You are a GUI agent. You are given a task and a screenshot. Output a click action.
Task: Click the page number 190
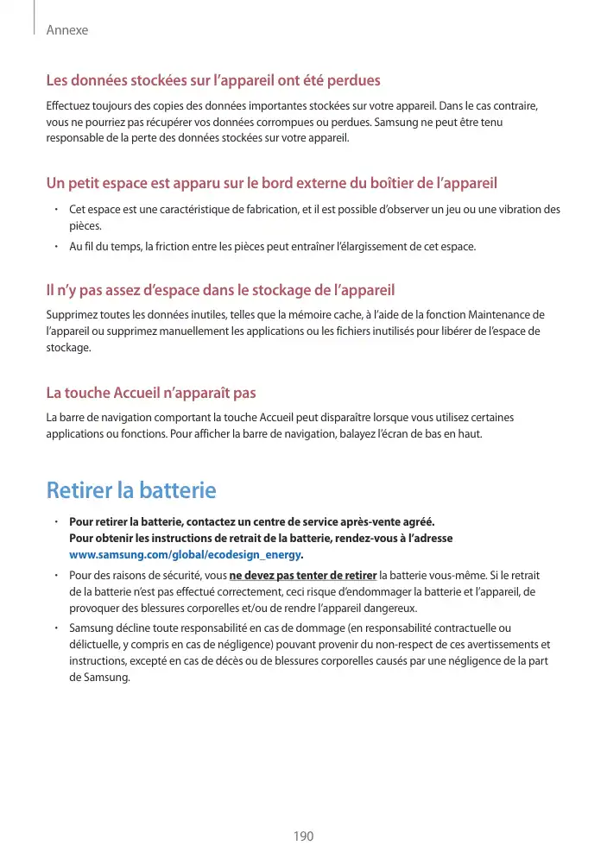[303, 836]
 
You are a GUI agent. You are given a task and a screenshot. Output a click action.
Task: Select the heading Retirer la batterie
[130, 490]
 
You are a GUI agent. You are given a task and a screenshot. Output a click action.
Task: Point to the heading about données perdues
[212, 81]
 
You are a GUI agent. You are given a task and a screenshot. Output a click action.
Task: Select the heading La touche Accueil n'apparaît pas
[150, 394]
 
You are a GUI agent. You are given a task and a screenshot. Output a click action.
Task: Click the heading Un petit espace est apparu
[271, 183]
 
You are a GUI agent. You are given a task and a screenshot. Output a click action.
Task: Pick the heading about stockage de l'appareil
[220, 288]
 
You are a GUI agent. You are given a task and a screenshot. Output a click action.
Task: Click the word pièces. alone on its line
[85, 225]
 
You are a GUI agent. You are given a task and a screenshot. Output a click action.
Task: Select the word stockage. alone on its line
[68, 346]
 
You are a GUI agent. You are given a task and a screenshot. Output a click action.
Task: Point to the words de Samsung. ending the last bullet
[99, 676]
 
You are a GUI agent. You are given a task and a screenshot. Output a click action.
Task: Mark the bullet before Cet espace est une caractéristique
[54, 210]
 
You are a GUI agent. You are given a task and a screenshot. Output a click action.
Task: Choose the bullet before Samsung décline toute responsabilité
[54, 628]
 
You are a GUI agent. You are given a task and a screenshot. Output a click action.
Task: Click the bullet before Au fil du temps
[54, 247]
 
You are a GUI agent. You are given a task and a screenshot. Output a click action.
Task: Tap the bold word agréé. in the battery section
[419, 522]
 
